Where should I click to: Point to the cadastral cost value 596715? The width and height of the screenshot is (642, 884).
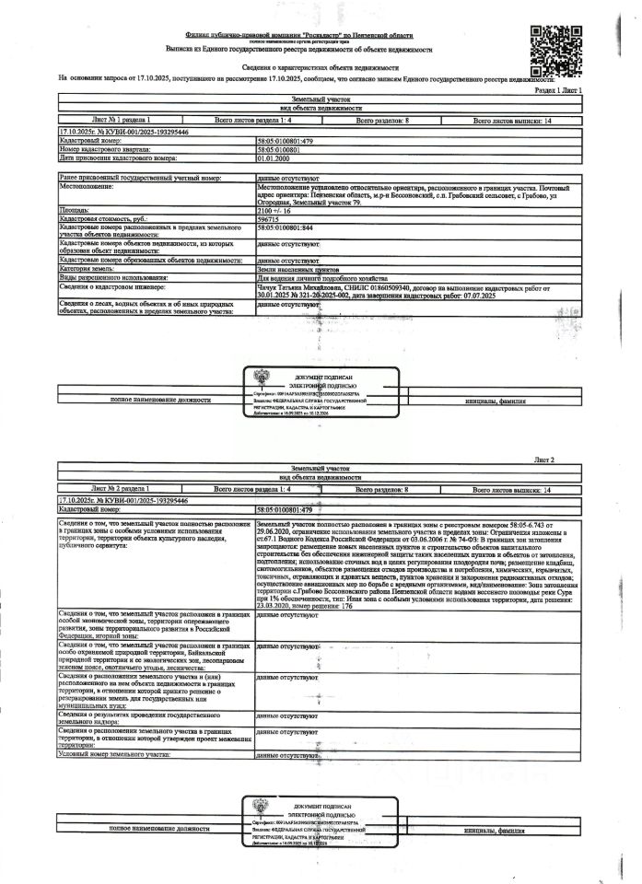tap(269, 219)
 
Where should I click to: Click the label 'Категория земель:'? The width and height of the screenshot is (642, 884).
tap(88, 268)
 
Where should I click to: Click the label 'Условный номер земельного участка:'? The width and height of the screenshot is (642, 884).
tap(114, 754)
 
